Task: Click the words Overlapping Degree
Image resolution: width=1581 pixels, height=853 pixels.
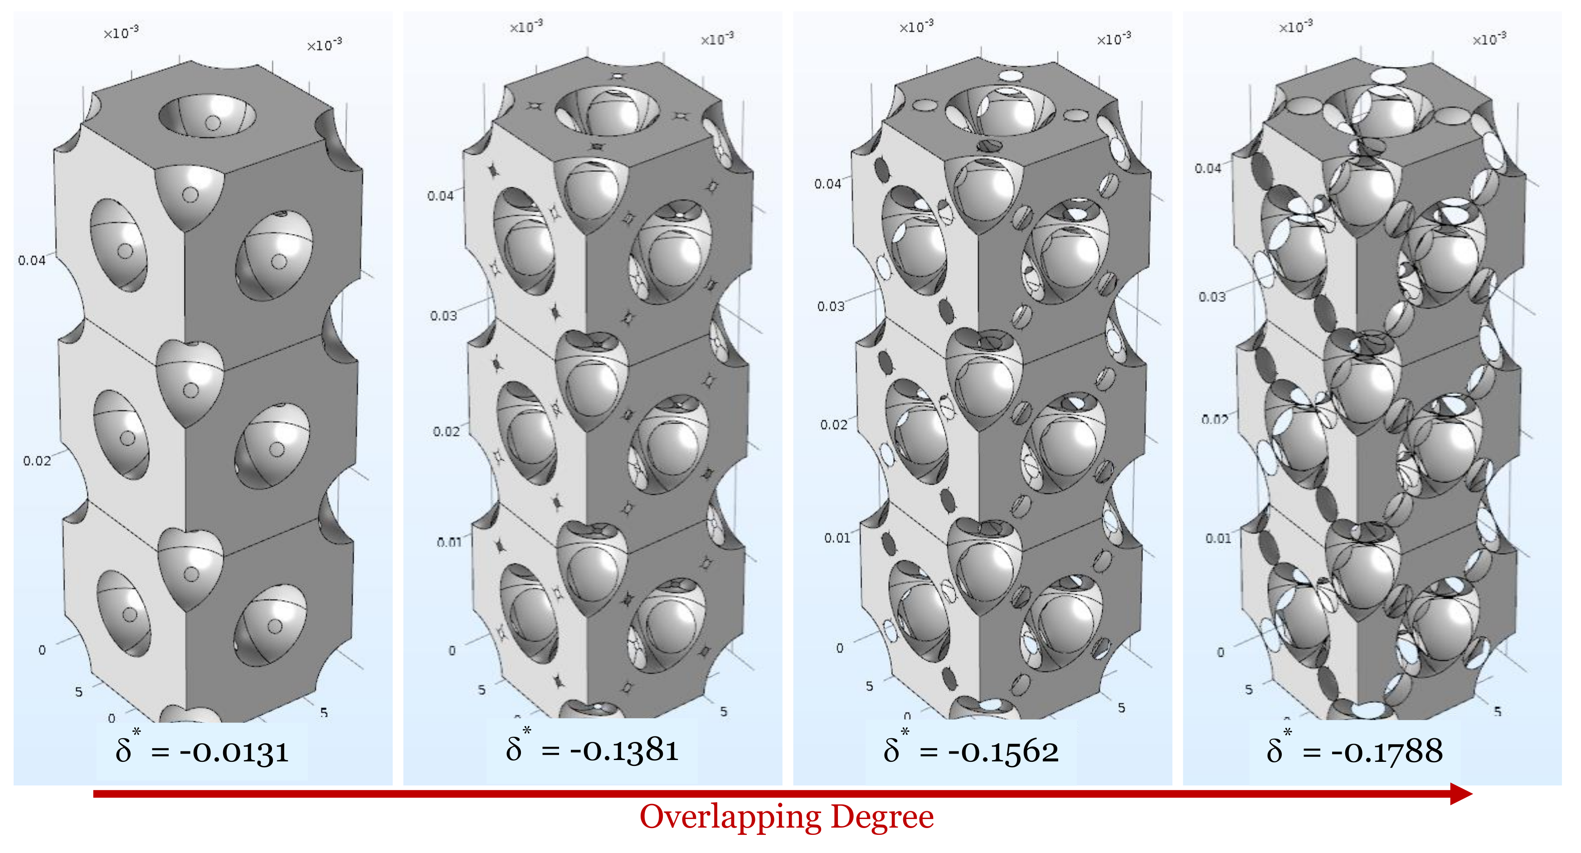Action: [786, 818]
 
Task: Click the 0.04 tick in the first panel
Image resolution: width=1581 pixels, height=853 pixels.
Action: [32, 261]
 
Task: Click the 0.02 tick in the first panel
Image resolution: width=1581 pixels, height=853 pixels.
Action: [37, 461]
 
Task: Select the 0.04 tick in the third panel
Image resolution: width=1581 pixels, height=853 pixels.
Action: [827, 184]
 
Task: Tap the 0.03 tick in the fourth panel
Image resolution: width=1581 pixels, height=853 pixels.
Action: [1212, 297]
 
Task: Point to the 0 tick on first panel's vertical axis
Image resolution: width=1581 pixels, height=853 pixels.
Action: [42, 650]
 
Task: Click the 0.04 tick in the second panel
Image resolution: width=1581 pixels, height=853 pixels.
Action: [440, 196]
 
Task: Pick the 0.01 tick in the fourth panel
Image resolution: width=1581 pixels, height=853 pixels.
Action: [1218, 539]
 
